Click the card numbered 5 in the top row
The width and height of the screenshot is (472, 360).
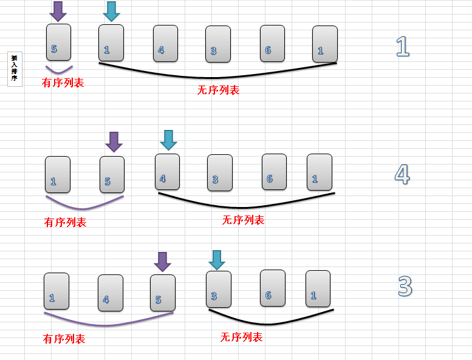(x=58, y=42)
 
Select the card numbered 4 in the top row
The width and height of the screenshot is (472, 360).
(x=165, y=44)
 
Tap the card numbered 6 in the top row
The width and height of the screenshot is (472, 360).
(x=272, y=44)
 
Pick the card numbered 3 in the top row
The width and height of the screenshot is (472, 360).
(x=217, y=44)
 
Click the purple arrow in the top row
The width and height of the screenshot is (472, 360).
(x=58, y=11)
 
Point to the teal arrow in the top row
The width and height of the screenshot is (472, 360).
(x=111, y=11)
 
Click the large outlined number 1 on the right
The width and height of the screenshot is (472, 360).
(x=402, y=46)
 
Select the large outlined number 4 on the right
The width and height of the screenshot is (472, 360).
(x=402, y=174)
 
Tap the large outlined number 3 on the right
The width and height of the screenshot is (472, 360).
(x=405, y=286)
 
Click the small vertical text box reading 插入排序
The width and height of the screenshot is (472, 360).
(x=15, y=69)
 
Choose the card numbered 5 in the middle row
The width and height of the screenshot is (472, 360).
(x=112, y=175)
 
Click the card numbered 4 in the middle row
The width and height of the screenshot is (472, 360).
(x=167, y=172)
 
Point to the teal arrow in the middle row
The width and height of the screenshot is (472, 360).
(x=168, y=140)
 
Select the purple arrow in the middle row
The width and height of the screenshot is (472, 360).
(x=114, y=141)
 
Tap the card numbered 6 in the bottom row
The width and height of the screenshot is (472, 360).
(x=272, y=288)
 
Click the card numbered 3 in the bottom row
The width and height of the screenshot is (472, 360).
(x=218, y=289)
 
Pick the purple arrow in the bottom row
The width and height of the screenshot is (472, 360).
(x=162, y=262)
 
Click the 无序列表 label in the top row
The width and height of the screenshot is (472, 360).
(x=218, y=90)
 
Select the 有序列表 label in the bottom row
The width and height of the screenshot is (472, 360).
(x=64, y=339)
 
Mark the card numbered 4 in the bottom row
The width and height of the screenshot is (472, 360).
(x=110, y=293)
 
